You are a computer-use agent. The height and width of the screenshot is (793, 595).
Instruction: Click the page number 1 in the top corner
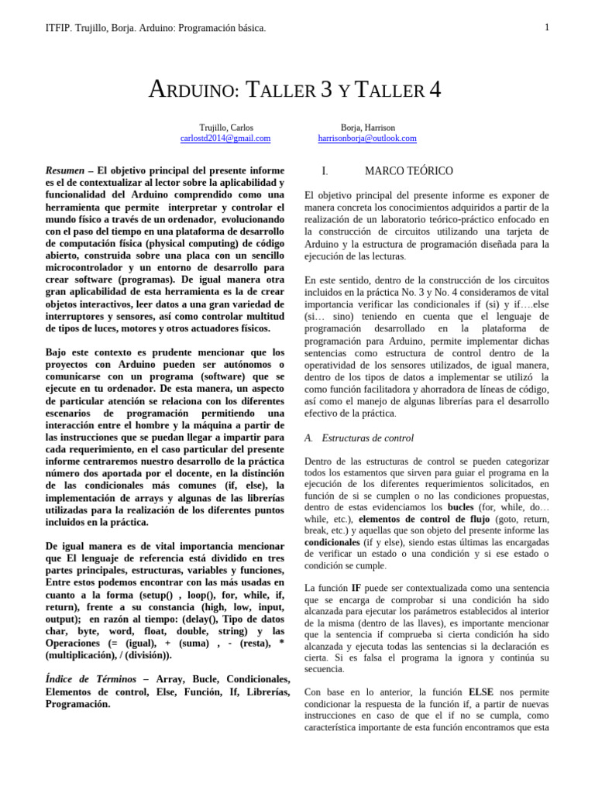coord(547,28)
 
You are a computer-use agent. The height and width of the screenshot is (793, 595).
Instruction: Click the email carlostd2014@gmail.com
coord(225,139)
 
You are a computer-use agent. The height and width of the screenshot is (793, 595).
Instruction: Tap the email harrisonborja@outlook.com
coord(367,139)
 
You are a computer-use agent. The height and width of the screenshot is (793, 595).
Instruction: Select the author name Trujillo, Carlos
coord(225,127)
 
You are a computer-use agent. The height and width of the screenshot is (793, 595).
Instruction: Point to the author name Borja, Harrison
coord(367,127)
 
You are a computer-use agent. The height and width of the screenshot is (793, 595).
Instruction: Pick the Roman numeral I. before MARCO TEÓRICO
coord(325,170)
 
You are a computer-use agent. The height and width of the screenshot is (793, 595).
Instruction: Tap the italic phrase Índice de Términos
coord(90,678)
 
